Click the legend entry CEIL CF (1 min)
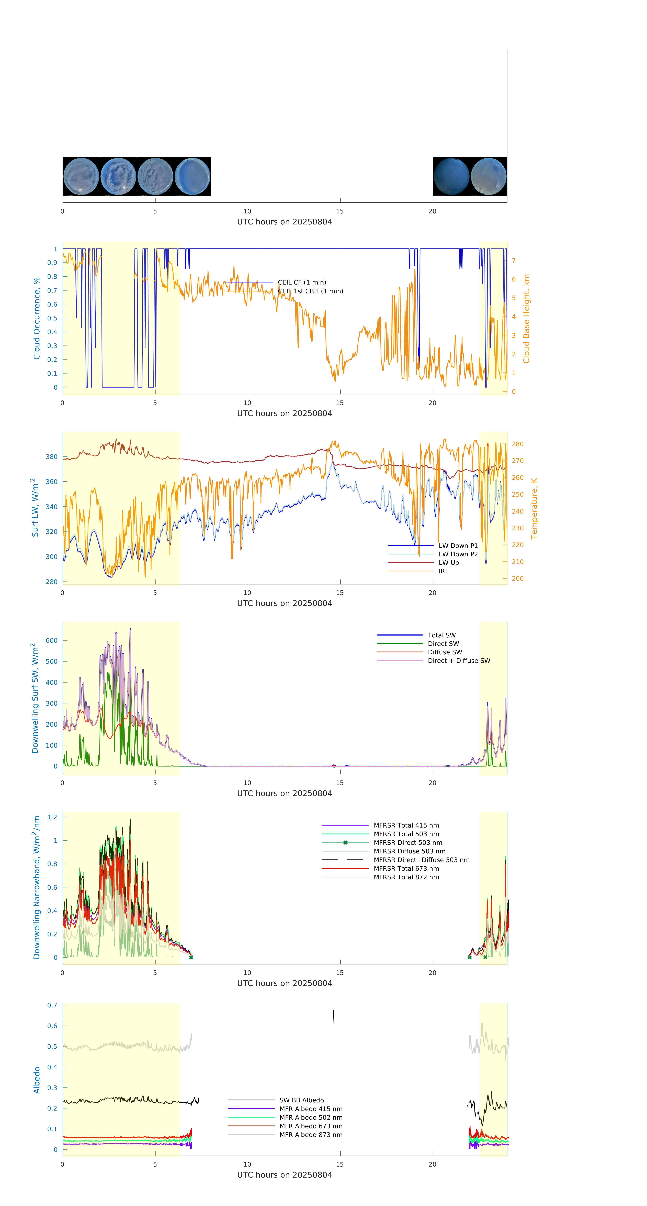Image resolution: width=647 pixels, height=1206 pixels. pyautogui.click(x=302, y=282)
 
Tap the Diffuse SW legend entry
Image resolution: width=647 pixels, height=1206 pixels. pyautogui.click(x=444, y=652)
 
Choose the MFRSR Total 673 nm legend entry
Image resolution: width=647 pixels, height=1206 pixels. pyautogui.click(x=406, y=868)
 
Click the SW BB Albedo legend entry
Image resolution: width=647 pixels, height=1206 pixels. pyautogui.click(x=301, y=1100)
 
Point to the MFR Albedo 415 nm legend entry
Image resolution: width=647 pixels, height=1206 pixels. pyautogui.click(x=311, y=1109)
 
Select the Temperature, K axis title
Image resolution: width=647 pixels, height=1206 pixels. pyautogui.click(x=534, y=508)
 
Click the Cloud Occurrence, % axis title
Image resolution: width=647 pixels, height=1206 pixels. pyautogui.click(x=37, y=318)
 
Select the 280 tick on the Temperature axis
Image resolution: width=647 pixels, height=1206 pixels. pyautogui.click(x=517, y=444)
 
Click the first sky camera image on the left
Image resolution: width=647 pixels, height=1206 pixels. pyautogui.click(x=81, y=177)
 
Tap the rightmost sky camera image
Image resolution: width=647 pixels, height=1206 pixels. pyautogui.click(x=488, y=177)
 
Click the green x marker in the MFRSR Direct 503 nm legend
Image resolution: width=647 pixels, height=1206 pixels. pyautogui.click(x=345, y=843)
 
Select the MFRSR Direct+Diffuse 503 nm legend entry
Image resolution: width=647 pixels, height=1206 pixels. pyautogui.click(x=421, y=860)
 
